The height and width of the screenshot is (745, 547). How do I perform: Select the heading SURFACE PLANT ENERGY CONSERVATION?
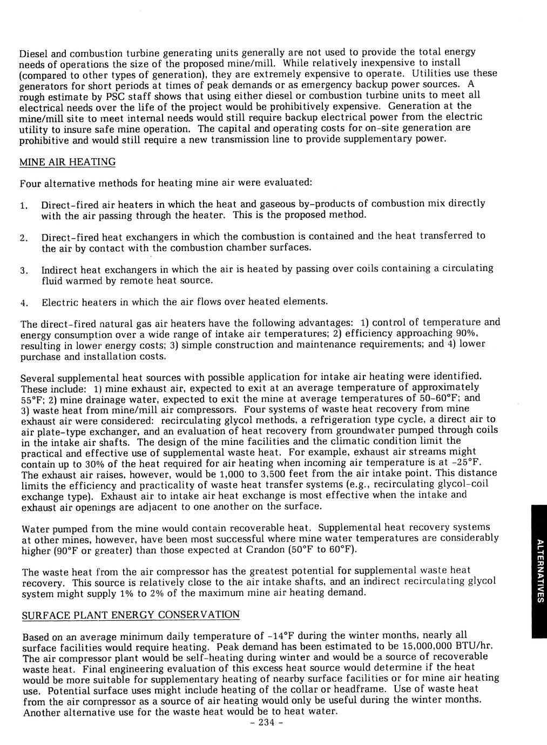tap(130, 615)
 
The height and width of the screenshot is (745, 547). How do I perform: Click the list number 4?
tap(23, 302)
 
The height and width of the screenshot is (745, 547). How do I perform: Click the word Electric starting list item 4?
tap(60, 301)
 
